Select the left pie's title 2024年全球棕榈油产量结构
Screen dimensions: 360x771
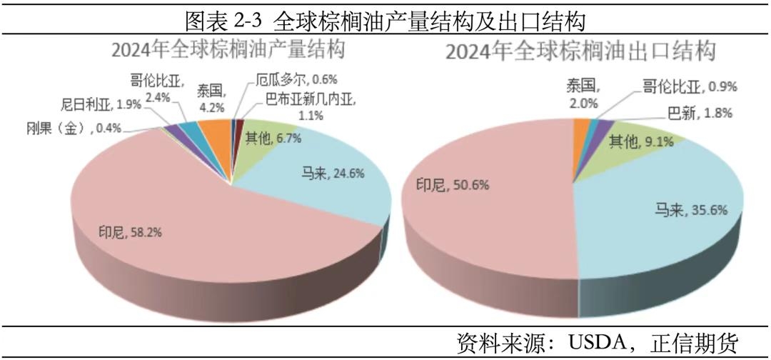tap(228, 51)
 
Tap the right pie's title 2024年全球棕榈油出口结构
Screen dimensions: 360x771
tap(580, 52)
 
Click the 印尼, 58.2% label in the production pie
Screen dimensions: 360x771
tap(123, 232)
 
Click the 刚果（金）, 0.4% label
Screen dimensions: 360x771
tap(71, 129)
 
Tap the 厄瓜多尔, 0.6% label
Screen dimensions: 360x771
tap(288, 81)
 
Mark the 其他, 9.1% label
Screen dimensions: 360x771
tap(639, 141)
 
